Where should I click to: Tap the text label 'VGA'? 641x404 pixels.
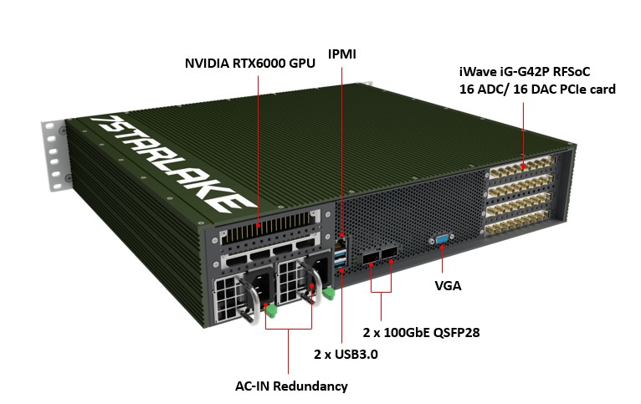pyautogui.click(x=448, y=286)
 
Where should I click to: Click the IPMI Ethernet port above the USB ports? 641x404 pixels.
pyautogui.click(x=341, y=237)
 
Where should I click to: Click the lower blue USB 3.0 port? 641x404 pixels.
pyautogui.click(x=341, y=265)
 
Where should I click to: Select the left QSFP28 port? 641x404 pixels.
pyautogui.click(x=371, y=255)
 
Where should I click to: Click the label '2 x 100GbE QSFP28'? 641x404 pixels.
pyautogui.click(x=420, y=332)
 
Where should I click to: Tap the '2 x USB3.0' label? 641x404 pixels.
pyautogui.click(x=346, y=354)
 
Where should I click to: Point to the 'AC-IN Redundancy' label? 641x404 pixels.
pyautogui.click(x=291, y=386)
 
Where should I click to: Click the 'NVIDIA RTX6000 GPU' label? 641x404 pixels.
pyautogui.click(x=250, y=64)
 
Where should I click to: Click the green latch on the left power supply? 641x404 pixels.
pyautogui.click(x=269, y=311)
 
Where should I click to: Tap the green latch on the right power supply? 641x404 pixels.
pyautogui.click(x=330, y=293)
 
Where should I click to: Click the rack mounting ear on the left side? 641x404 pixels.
pyautogui.click(x=55, y=155)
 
